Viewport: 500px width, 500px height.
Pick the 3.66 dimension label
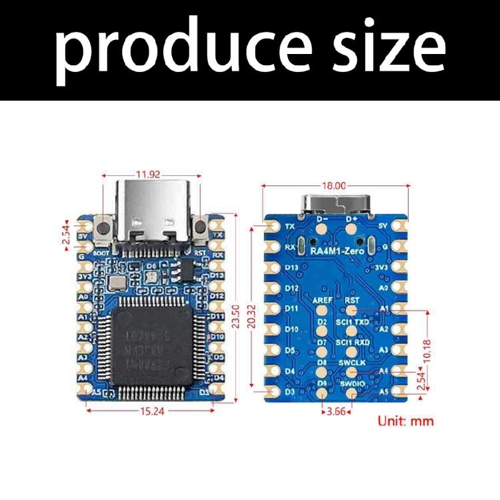[337, 411]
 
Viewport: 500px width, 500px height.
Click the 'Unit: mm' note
[405, 421]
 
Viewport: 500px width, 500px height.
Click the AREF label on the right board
[323, 301]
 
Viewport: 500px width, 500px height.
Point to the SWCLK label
[351, 362]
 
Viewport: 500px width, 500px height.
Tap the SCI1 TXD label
[353, 321]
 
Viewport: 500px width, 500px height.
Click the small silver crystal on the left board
[117, 285]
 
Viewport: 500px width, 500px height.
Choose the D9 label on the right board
[323, 383]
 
